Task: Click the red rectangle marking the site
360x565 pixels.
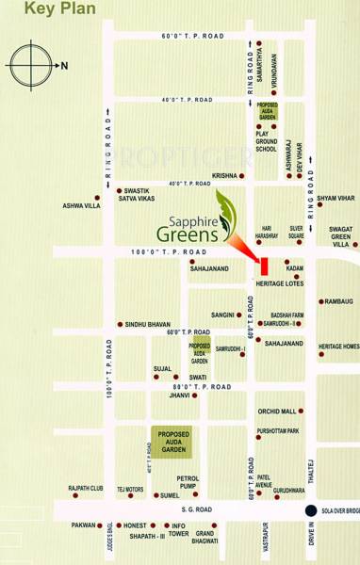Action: (265, 266)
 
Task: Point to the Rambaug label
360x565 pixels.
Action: (340, 302)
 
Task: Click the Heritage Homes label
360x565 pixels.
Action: (338, 347)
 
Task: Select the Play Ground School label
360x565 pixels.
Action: (267, 141)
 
